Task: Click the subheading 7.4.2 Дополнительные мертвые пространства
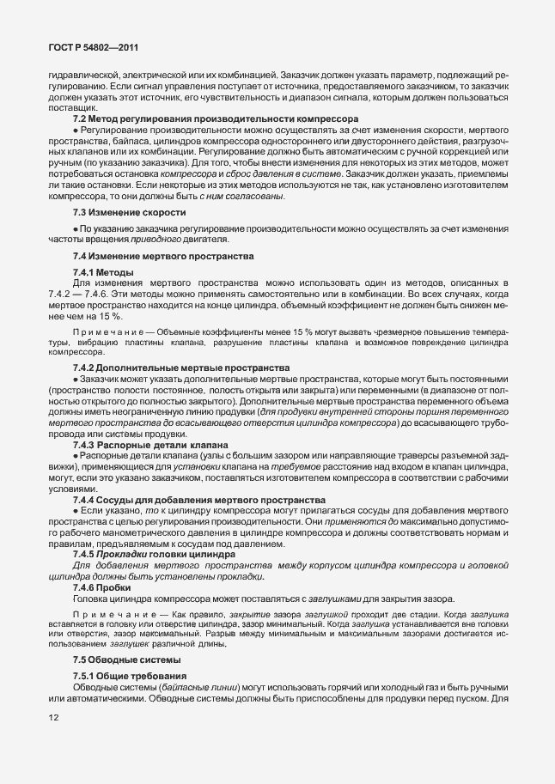(180, 368)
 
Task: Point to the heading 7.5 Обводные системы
(127, 659)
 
